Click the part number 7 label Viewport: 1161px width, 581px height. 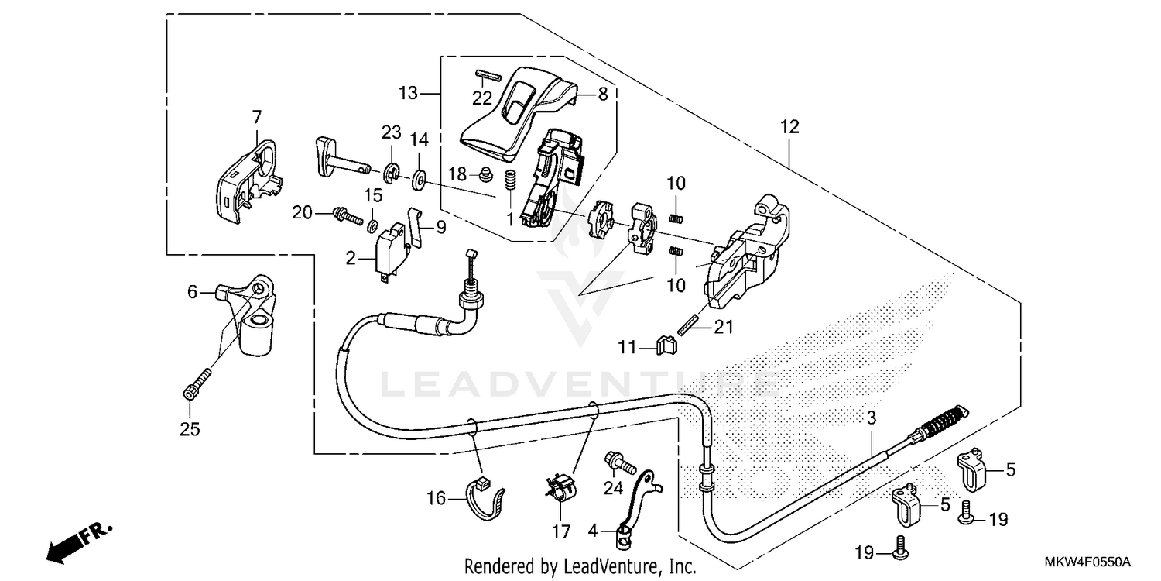[256, 117]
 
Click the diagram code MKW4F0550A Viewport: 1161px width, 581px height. [1091, 562]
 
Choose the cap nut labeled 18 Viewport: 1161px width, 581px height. [488, 174]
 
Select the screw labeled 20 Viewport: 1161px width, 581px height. [348, 213]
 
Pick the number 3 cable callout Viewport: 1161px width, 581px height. [871, 419]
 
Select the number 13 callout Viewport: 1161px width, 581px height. [408, 94]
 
